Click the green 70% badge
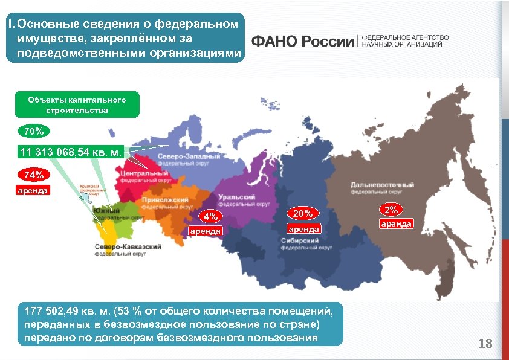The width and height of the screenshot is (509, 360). coord(34,130)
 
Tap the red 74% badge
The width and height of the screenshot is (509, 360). coord(34,176)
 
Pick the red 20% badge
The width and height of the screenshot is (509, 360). coord(303,213)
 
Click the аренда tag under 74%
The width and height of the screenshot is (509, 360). coord(34,191)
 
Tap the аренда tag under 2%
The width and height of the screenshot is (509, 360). coord(396,224)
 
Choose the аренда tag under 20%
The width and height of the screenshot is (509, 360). coord(303,230)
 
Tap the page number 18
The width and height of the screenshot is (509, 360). coord(485,344)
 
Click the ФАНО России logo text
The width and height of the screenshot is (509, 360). coord(302,41)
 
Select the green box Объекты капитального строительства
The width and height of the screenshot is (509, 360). coord(77,104)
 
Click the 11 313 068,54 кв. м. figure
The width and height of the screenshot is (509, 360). coord(71,153)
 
